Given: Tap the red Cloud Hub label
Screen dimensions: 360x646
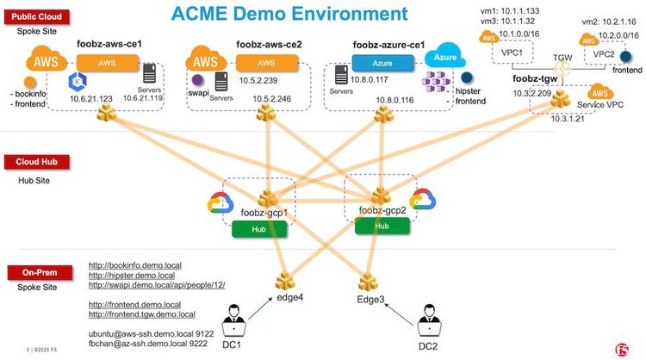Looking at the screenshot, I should click(34, 162).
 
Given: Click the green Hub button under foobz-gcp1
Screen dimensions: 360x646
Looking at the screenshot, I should click(258, 228).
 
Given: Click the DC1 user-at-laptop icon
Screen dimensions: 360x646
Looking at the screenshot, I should click(233, 326).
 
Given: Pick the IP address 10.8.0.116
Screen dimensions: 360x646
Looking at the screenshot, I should click(395, 100).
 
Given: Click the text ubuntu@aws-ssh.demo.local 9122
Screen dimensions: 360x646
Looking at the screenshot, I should click(151, 332).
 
